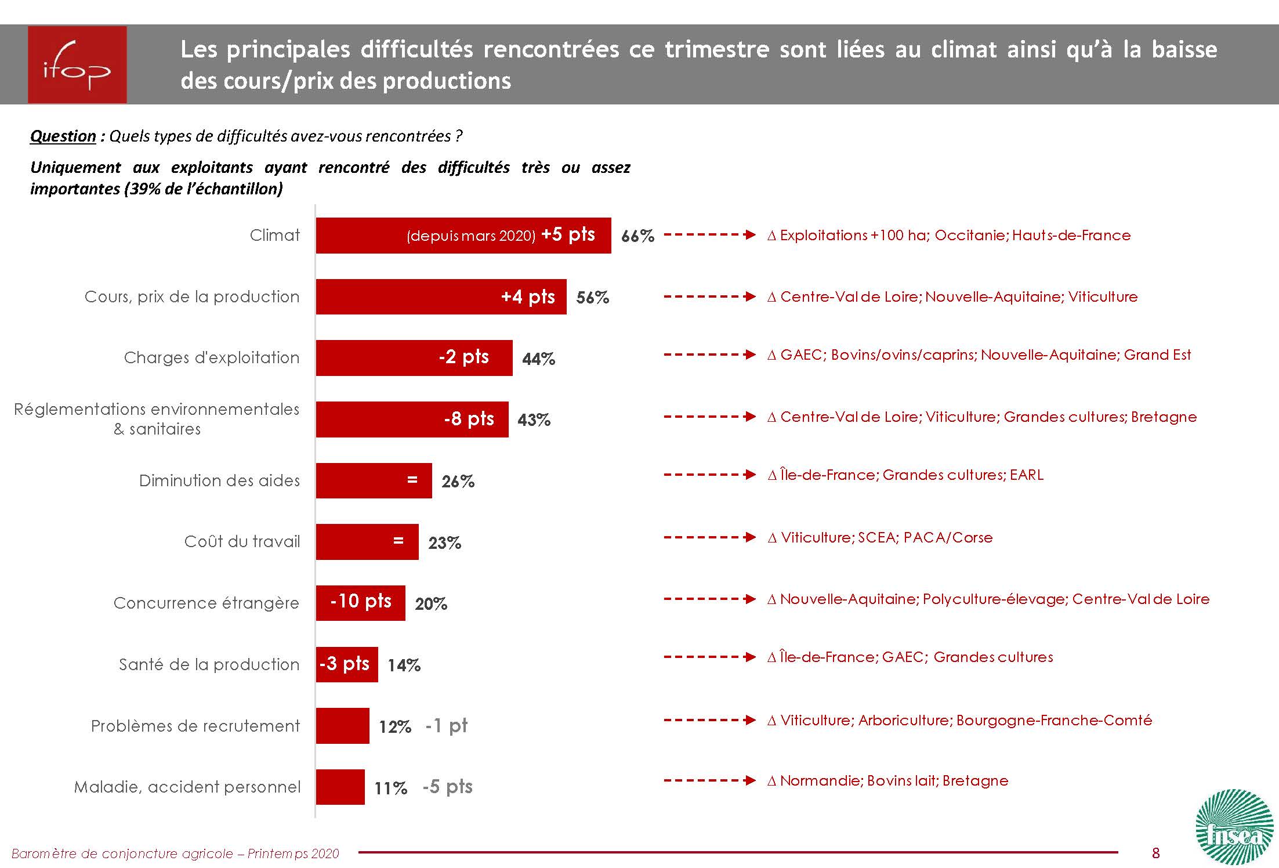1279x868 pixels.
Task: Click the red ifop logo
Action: coord(77,64)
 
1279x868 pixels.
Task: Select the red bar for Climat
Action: coord(463,236)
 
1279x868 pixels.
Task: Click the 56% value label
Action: coord(592,298)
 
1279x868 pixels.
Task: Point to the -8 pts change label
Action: coord(469,419)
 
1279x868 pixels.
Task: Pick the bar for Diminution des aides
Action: coord(374,480)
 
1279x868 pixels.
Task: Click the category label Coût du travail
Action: coord(242,542)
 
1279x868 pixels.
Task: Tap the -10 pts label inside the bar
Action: coord(360,601)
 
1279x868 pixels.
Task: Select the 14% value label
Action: coord(404,665)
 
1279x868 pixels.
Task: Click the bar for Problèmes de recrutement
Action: coord(342,726)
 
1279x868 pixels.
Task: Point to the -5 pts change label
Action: coord(447,787)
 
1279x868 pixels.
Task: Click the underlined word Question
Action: coord(63,136)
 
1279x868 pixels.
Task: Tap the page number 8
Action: coord(1156,852)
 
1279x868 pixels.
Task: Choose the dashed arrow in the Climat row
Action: coord(709,235)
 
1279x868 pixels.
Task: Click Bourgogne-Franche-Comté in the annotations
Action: coord(1054,721)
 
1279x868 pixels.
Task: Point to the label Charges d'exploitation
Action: coord(212,358)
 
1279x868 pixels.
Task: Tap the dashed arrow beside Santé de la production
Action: coord(709,657)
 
